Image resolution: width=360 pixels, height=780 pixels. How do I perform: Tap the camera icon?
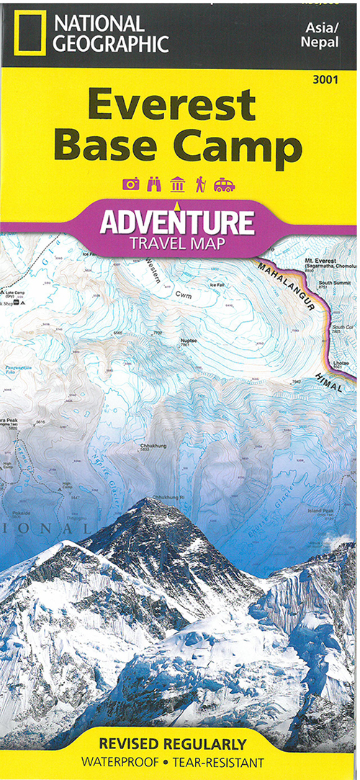click(131, 184)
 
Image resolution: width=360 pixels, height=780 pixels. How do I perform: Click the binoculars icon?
click(154, 184)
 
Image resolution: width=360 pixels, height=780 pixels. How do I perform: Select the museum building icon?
click(177, 184)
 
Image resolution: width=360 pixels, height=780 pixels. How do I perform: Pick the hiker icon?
click(200, 184)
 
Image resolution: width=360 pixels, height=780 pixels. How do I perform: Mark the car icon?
click(225, 184)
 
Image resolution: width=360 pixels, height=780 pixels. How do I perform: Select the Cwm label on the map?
click(184, 295)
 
